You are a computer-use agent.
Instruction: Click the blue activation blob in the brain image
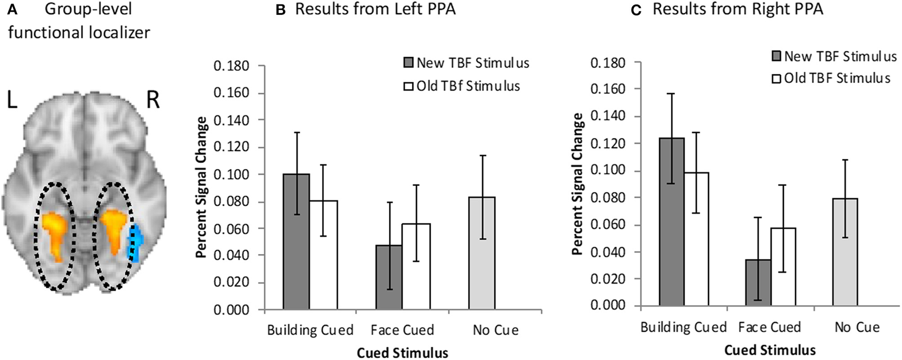pos(136,242)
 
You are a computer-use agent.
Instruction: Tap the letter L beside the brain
pos(12,100)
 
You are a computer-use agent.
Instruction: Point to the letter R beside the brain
pos(152,100)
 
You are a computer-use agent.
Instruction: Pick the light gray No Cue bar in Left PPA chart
pos(482,253)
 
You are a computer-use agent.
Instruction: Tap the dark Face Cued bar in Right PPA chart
pos(758,282)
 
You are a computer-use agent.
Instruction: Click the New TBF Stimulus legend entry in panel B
pos(466,63)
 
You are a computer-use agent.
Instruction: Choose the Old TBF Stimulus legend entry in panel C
pos(831,78)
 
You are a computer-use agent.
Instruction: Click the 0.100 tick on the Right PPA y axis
pos(608,171)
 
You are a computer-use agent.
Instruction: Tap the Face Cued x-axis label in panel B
pos(402,330)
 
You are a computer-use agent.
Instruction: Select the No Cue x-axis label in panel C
pos(857,327)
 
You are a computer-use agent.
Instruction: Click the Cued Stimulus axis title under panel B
pos(402,353)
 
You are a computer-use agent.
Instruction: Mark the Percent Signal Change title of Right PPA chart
pos(578,184)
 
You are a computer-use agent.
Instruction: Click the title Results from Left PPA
pos(375,10)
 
